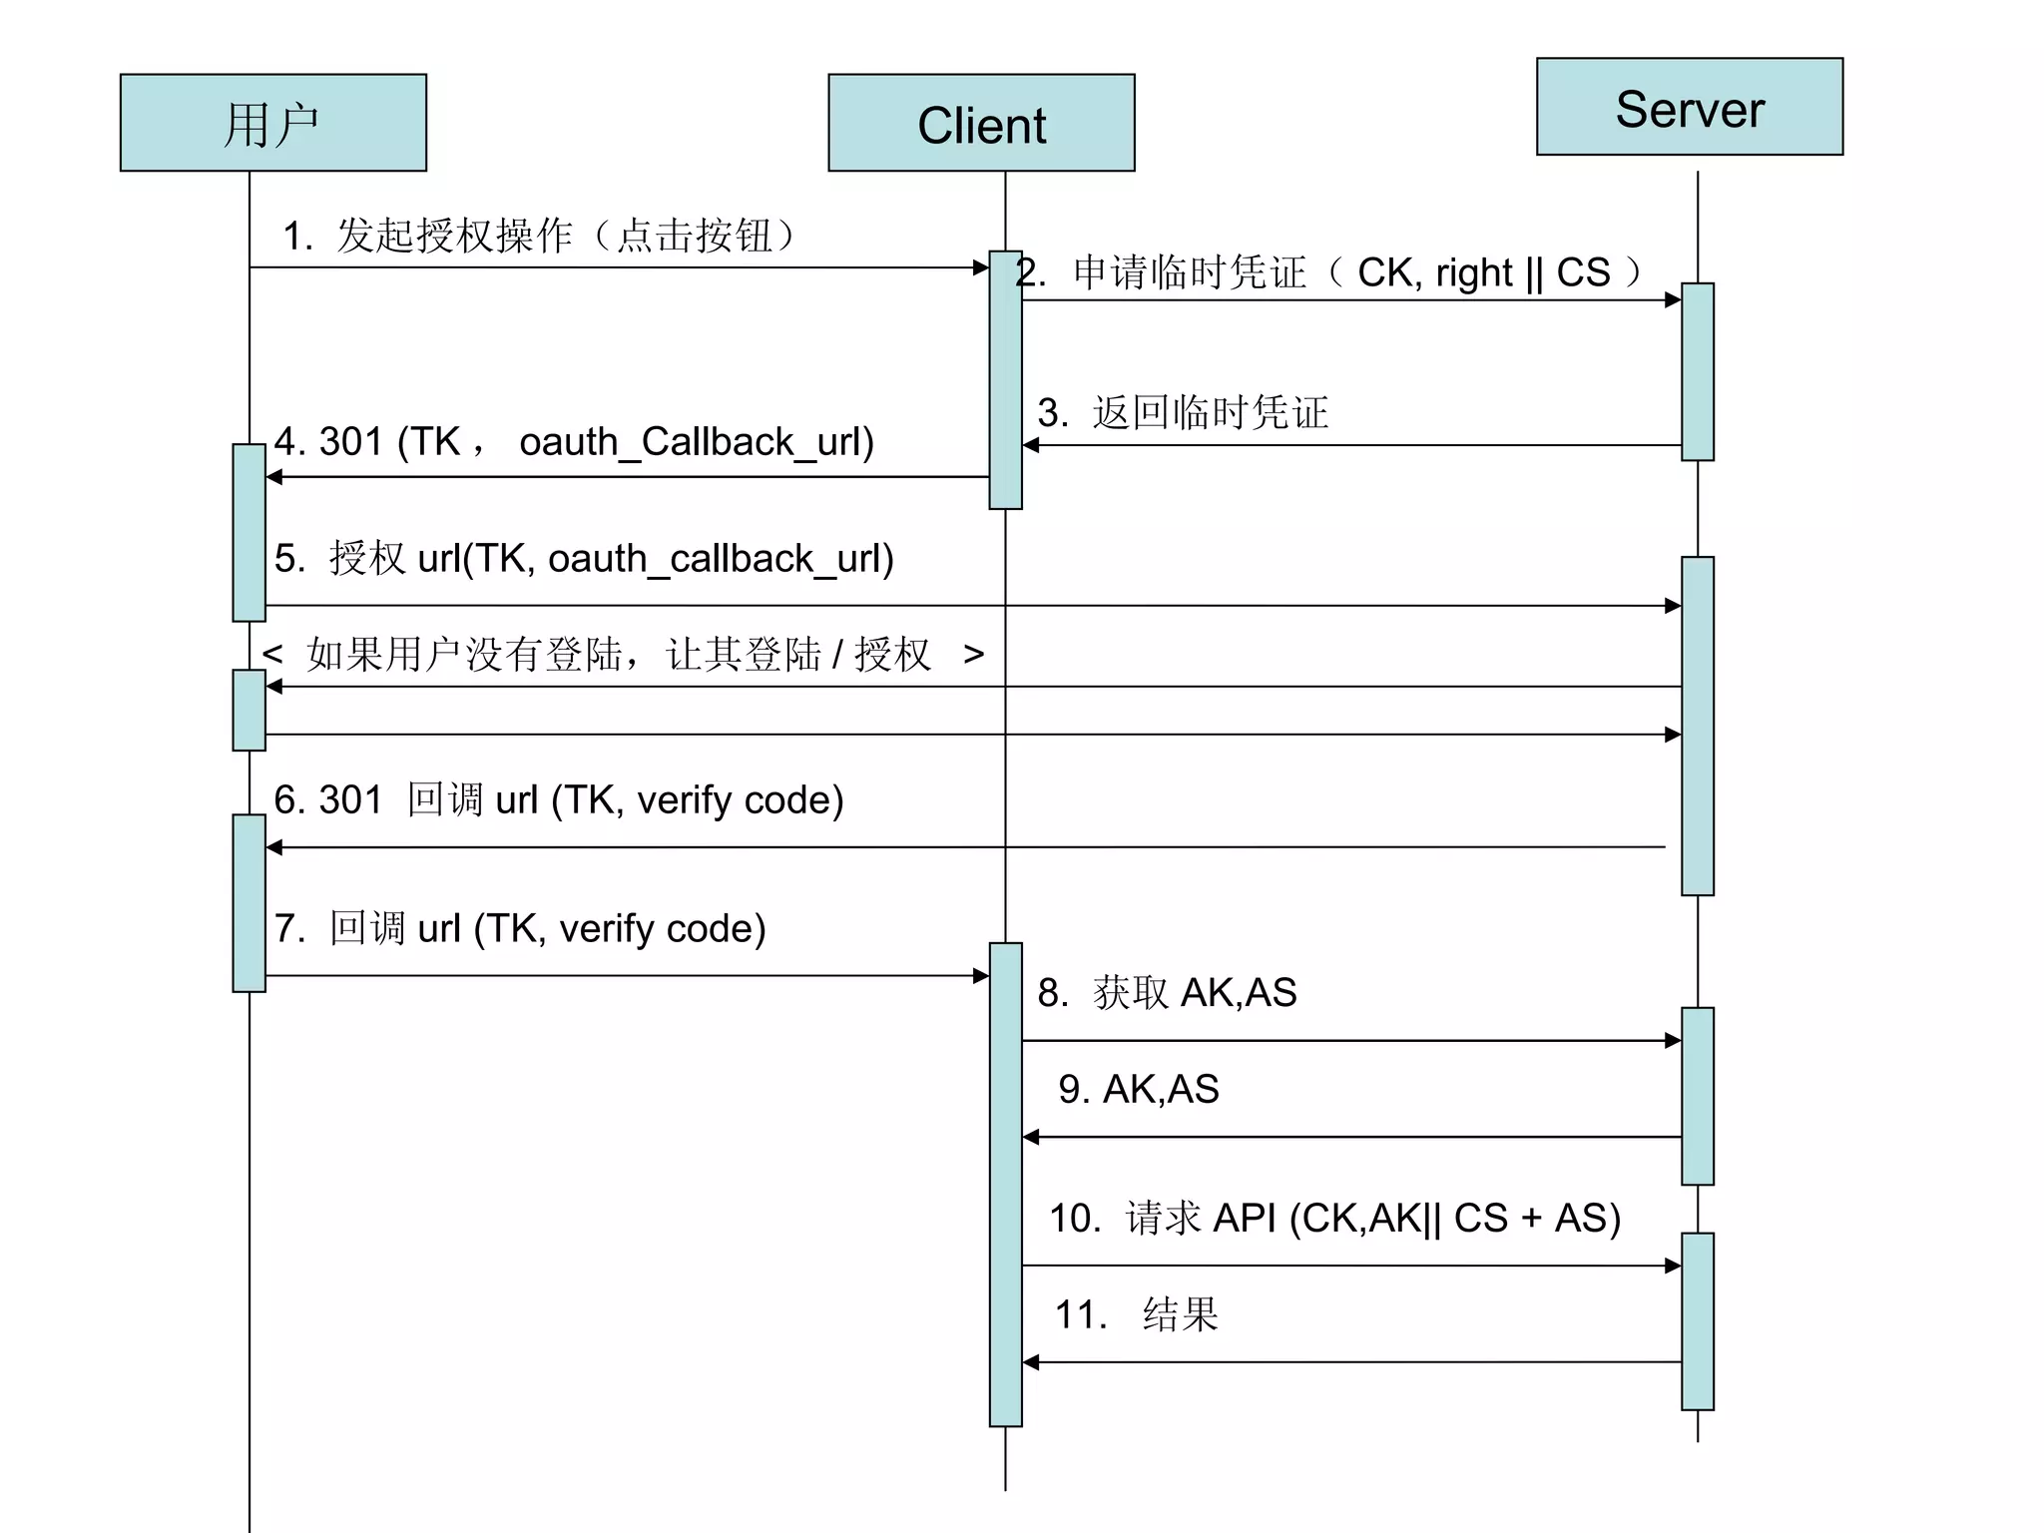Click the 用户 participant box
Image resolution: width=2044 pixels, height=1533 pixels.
point(272,123)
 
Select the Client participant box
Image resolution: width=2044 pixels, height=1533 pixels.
point(981,123)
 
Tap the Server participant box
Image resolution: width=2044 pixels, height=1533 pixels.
point(1689,107)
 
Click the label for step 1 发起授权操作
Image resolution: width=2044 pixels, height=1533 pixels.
point(539,237)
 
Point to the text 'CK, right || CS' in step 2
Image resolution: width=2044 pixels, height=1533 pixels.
point(1483,272)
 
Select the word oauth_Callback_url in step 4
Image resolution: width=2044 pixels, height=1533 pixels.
point(696,442)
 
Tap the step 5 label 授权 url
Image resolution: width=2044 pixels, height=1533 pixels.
point(584,559)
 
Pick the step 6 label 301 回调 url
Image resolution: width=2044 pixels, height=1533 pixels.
point(559,800)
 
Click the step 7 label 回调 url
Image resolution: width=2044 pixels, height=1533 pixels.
point(520,929)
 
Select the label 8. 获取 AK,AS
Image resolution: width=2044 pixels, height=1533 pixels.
point(1167,993)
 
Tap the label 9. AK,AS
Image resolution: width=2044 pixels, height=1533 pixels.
point(1139,1089)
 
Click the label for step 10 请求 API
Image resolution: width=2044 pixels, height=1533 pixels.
point(1334,1219)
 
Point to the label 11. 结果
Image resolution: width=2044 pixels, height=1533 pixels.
point(1137,1314)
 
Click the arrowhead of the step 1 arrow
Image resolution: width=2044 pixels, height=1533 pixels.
point(981,267)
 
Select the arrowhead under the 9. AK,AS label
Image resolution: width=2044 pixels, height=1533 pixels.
point(1031,1137)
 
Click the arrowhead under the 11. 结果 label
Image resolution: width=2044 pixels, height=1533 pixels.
point(1031,1362)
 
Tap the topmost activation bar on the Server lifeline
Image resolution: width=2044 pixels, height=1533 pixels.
point(1697,371)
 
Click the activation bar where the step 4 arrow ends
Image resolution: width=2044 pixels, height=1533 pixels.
point(249,532)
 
